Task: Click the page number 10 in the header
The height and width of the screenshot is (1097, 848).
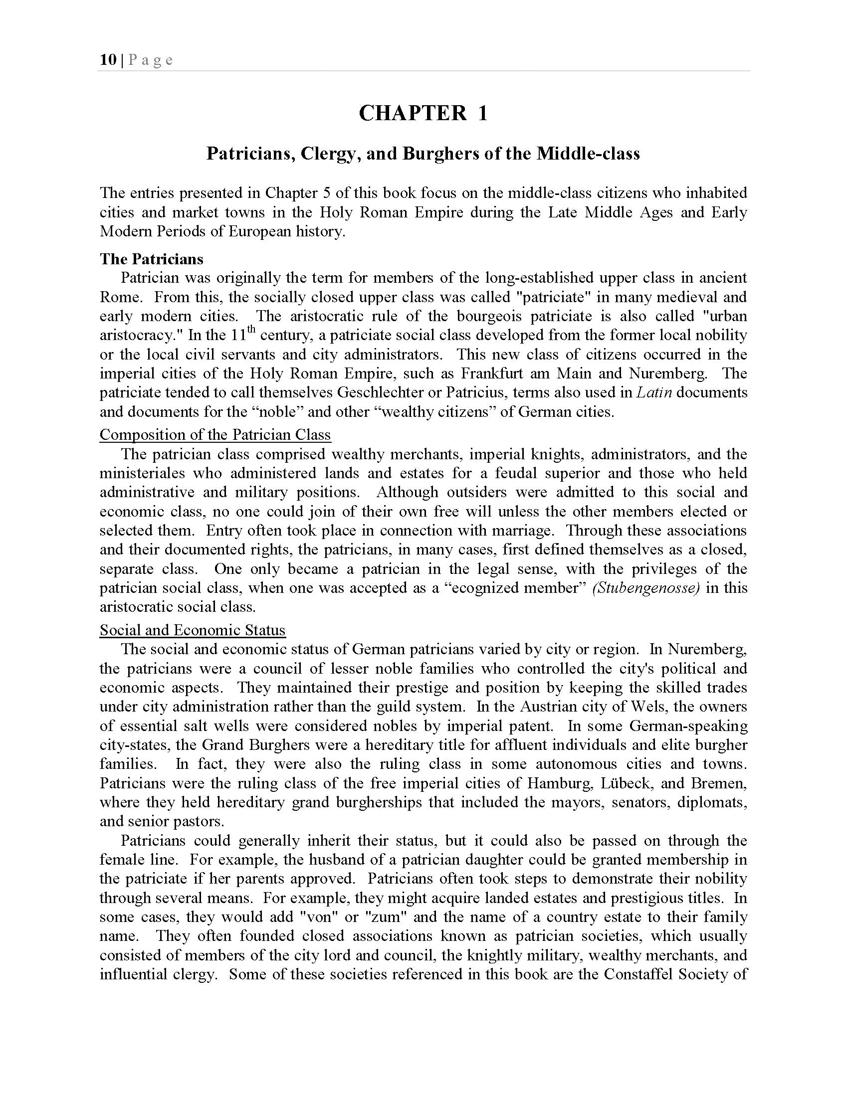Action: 108,60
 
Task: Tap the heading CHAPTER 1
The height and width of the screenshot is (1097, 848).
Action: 423,113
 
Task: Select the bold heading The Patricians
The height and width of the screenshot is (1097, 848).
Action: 151,259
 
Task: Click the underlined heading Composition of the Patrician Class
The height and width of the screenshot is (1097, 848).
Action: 215,434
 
